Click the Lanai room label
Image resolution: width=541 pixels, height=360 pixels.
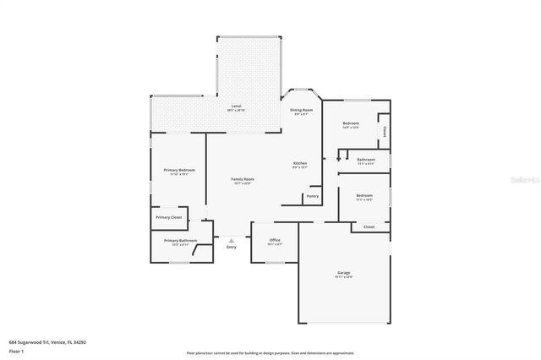point(236,107)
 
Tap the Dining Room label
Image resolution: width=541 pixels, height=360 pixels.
point(302,110)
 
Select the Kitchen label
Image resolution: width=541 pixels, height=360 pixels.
point(300,162)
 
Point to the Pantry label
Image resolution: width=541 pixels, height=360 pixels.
point(312,196)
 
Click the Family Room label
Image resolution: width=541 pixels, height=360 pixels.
point(243,178)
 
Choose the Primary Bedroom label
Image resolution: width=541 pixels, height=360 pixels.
point(179,170)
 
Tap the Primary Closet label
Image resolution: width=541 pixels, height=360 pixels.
point(168,217)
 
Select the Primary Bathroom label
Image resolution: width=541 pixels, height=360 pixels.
point(180,240)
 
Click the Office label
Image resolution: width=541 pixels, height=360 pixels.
point(275,240)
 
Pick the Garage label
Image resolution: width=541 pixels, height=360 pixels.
point(344,272)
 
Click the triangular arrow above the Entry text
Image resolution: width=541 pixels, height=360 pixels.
point(231,239)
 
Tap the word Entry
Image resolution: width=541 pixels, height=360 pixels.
point(231,247)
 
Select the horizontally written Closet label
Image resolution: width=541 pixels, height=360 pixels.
point(369,226)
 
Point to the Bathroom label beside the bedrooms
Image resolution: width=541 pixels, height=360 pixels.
point(366,159)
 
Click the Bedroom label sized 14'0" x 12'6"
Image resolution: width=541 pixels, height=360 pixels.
point(351,123)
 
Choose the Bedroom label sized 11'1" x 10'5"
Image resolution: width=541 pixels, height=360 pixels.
point(364,198)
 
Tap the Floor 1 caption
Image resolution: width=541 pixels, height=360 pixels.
point(16,350)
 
